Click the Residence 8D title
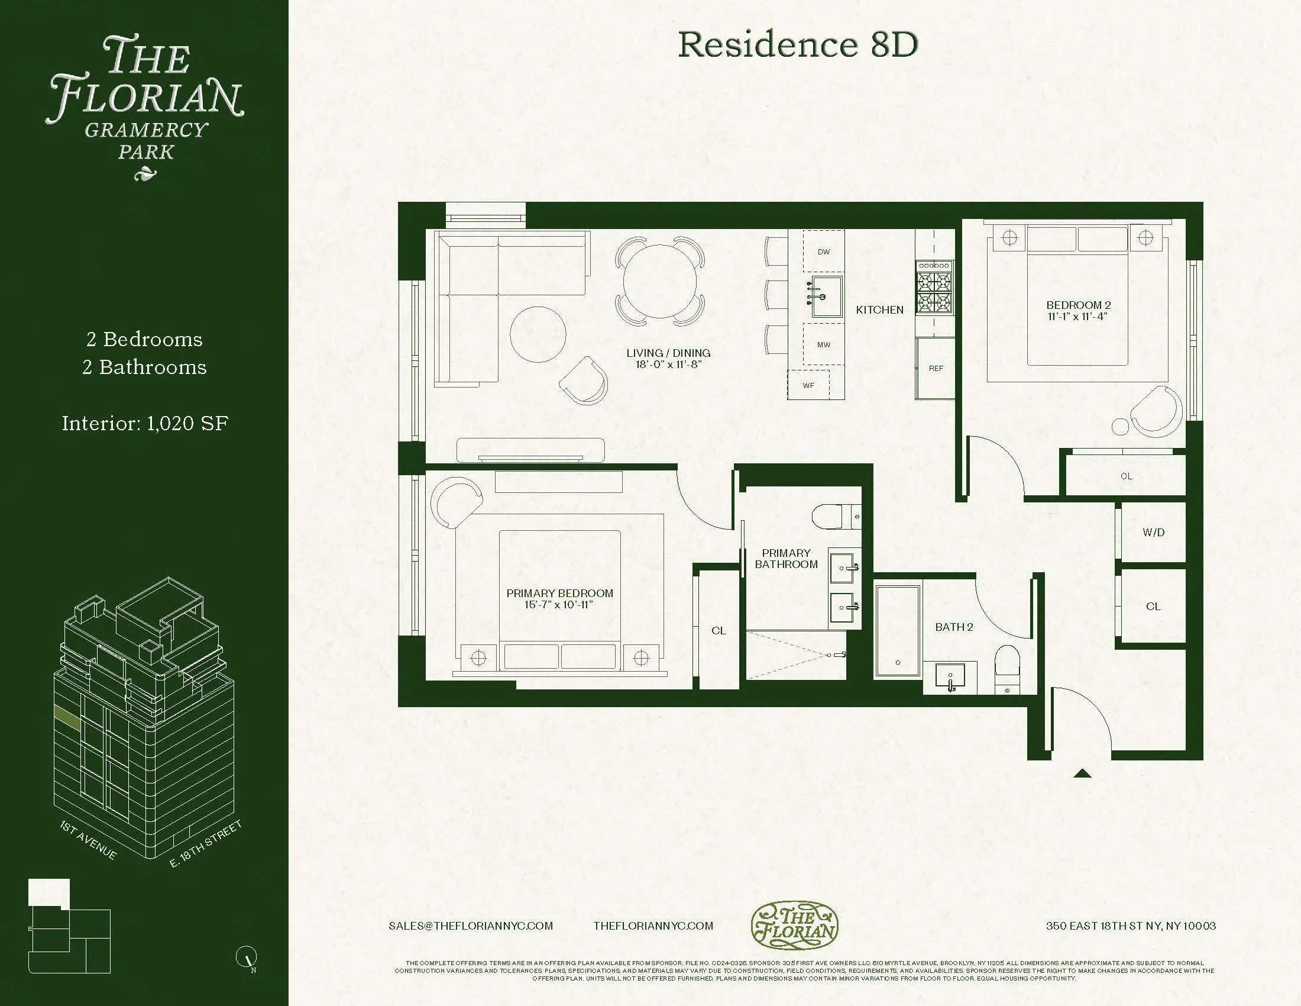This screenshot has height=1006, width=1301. [x=798, y=45]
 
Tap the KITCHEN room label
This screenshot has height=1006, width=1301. [x=879, y=310]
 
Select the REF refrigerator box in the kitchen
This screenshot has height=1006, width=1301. [x=936, y=367]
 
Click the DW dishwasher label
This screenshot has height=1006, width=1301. [x=823, y=251]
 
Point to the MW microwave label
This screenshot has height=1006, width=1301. [x=823, y=344]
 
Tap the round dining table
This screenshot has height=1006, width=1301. [x=659, y=282]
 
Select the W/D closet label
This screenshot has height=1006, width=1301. [x=1153, y=532]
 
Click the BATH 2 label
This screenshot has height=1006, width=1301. [x=954, y=627]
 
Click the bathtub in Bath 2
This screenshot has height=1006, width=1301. [x=897, y=631]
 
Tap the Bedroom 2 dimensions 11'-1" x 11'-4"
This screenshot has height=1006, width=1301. [x=1077, y=317]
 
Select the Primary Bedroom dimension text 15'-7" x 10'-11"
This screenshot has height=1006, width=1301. [x=559, y=605]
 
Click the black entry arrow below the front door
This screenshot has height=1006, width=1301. [x=1082, y=774]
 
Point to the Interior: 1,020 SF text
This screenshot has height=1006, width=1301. [x=145, y=423]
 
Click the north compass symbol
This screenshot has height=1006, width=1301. [x=246, y=957]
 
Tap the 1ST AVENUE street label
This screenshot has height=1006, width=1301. [x=88, y=840]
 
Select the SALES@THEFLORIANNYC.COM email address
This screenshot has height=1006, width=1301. [x=471, y=926]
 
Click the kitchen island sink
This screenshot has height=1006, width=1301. [x=826, y=296]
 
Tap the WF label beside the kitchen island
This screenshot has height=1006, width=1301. [x=808, y=385]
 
